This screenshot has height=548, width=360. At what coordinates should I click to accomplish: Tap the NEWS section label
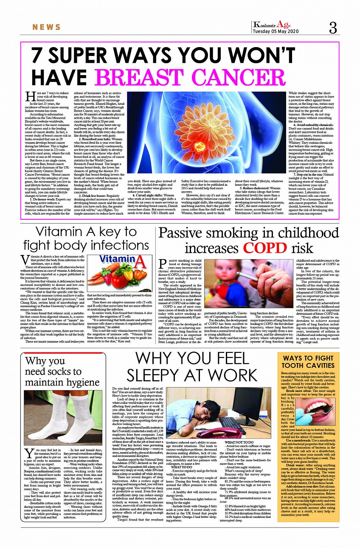47,28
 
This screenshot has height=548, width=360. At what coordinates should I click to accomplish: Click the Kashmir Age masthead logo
272,25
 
